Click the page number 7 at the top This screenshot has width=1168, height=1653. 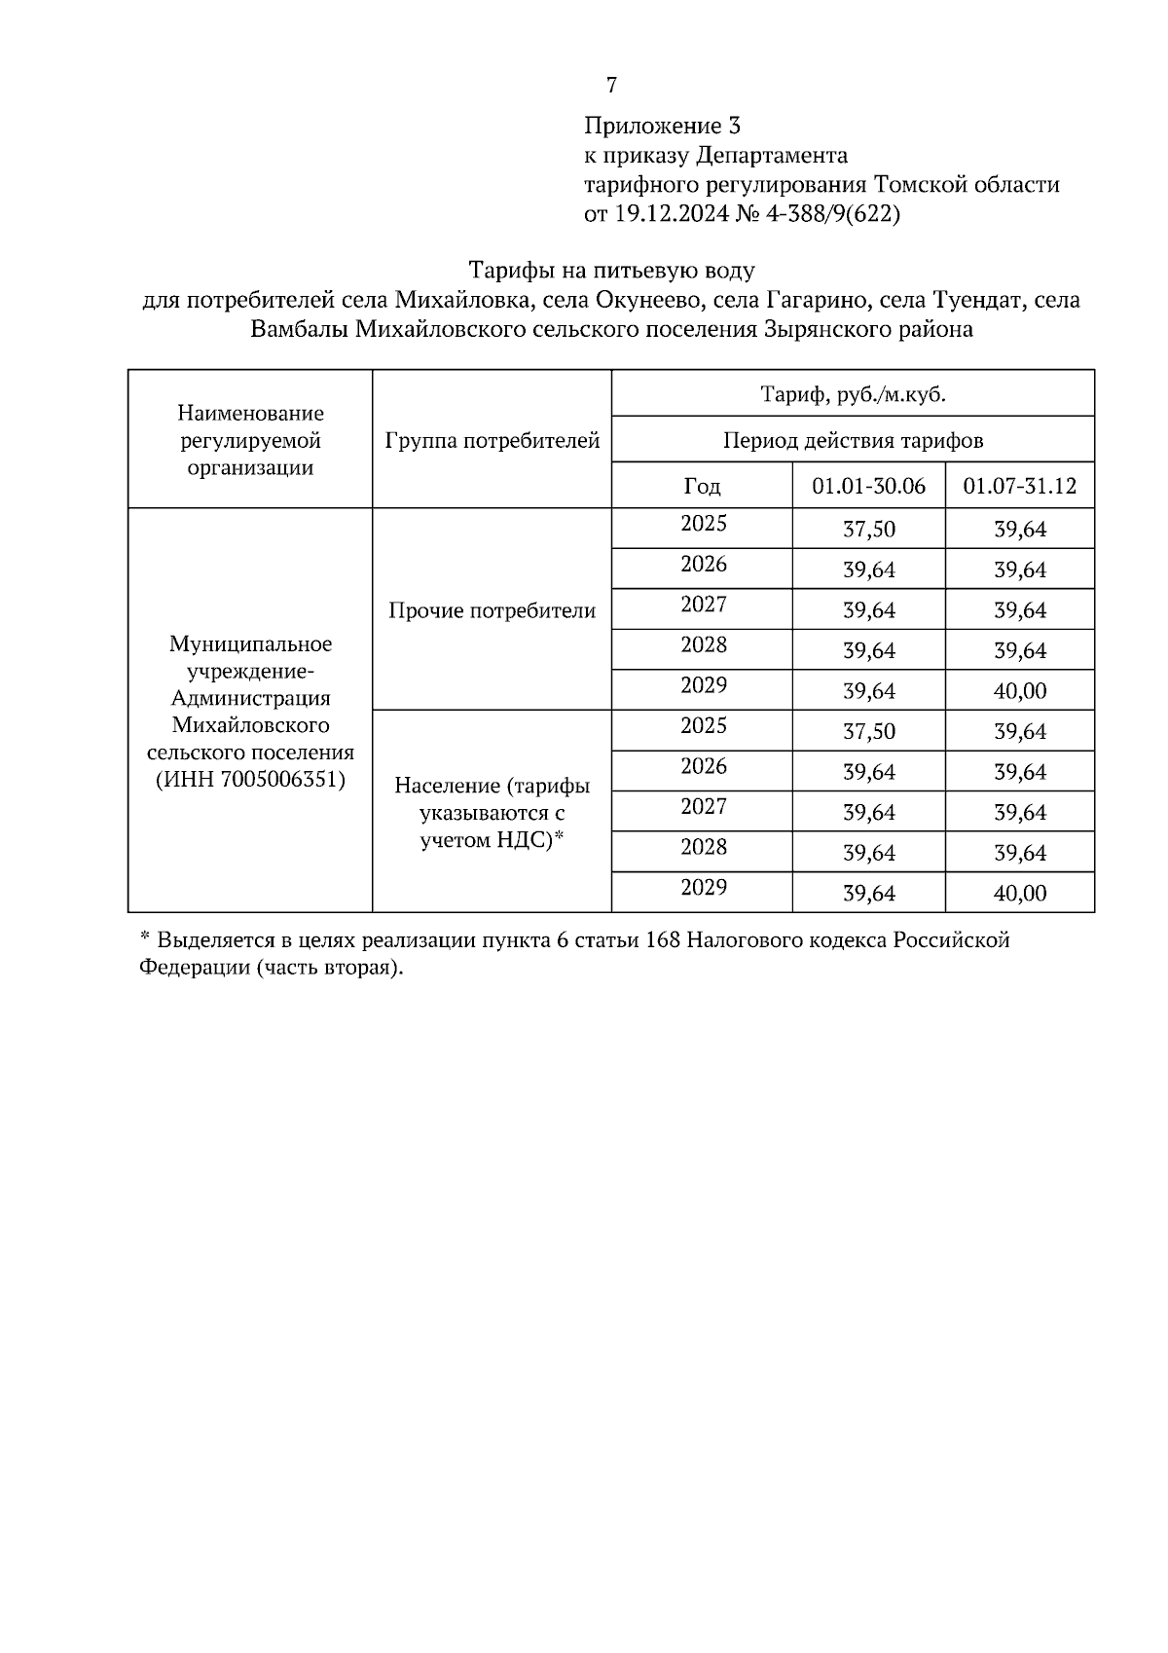click(611, 86)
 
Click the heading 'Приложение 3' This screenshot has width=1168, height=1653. click(662, 126)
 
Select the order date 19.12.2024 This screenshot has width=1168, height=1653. click(670, 214)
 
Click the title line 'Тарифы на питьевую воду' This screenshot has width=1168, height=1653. click(611, 270)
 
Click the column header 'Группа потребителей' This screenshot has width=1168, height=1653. click(493, 441)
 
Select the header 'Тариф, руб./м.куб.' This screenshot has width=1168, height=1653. click(853, 395)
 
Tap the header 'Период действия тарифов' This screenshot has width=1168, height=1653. click(853, 441)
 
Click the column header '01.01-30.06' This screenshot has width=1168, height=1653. click(868, 486)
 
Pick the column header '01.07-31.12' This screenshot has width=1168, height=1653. click(1019, 486)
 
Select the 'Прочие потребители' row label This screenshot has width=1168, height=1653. click(493, 610)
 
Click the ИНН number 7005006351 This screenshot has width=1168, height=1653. click(281, 780)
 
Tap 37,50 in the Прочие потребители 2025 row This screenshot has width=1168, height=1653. click(868, 530)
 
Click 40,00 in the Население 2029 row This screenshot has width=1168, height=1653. click(1019, 893)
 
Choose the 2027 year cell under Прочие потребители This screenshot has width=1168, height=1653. click(703, 605)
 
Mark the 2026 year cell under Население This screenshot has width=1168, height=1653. click(703, 766)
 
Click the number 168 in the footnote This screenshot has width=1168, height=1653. click(663, 940)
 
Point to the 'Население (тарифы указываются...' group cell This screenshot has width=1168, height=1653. click(493, 813)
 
